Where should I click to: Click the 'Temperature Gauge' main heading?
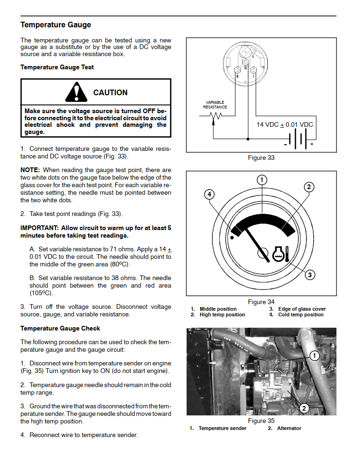click(56, 25)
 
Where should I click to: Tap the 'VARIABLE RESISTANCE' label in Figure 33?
click(215, 105)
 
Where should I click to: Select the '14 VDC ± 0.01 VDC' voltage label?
click(285, 125)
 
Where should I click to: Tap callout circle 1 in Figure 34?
click(262, 180)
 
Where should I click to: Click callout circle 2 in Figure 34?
click(309, 187)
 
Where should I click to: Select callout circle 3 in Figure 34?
click(310, 274)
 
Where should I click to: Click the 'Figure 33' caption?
click(261, 157)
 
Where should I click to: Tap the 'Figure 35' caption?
click(261, 421)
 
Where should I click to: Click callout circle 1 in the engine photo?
click(314, 356)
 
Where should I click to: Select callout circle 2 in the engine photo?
click(304, 408)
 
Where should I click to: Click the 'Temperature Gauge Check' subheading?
click(60, 329)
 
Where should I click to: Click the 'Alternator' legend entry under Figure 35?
click(289, 428)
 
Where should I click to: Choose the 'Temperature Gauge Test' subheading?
click(57, 67)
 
